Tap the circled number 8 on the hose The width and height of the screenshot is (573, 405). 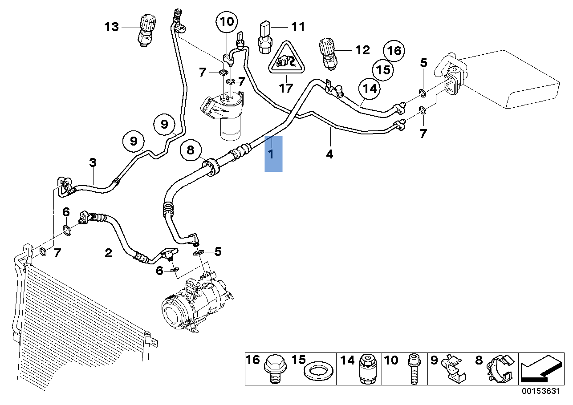pos(191,150)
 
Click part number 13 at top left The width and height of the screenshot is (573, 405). pos(112,27)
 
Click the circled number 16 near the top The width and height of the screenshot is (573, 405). pos(394,51)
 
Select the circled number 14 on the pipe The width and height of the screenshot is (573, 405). pos(370,89)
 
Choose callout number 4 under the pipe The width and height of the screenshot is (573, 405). pos(329,154)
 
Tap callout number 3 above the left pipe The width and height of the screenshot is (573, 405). pos(93,163)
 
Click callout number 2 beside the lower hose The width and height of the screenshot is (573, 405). pos(108,254)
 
